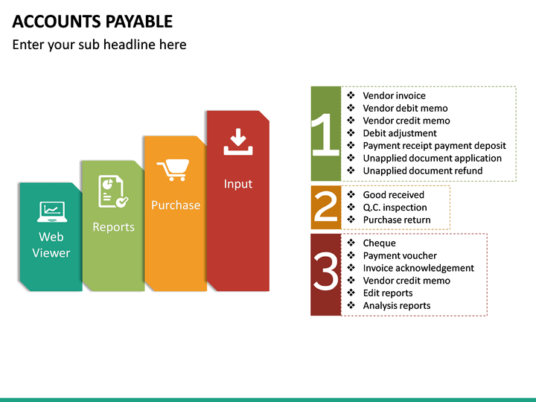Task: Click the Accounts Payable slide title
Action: tap(92, 21)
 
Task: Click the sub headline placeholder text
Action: tap(99, 45)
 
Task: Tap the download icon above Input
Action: tap(237, 141)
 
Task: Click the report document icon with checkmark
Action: tap(112, 191)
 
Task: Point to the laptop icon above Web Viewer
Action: tap(51, 212)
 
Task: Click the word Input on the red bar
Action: tap(238, 184)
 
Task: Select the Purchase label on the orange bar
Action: tap(176, 205)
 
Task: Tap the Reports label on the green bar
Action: tap(113, 227)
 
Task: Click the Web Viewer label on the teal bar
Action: tap(51, 245)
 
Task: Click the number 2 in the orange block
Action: tap(325, 208)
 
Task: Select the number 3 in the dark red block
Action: tap(325, 274)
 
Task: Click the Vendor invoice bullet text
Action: tap(394, 95)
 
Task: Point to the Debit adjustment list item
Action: tap(399, 133)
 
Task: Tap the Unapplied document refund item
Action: tap(422, 170)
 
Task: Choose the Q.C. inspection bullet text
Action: tap(395, 207)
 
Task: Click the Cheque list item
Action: tap(379, 243)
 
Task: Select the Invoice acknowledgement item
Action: tap(418, 268)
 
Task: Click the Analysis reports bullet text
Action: tap(396, 305)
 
